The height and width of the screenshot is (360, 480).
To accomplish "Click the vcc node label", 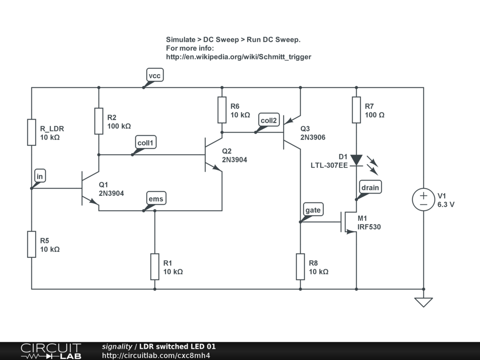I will (x=155, y=75).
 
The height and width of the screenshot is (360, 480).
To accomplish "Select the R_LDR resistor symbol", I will (x=31, y=132).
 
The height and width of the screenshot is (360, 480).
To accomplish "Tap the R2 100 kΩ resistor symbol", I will (x=99, y=121).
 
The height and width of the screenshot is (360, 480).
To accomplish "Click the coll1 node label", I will (x=145, y=142).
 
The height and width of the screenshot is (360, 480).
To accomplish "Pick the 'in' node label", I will (x=40, y=176).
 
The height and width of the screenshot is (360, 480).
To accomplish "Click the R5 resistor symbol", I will (x=31, y=244).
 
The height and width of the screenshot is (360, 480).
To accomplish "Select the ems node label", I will (x=156, y=199).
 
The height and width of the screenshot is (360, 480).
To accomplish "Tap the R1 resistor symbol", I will (x=155, y=266).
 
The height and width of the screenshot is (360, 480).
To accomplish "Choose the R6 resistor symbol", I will (x=222, y=110).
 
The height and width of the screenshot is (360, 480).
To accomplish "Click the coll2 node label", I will (x=269, y=120).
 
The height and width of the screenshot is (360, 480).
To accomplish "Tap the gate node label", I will (x=313, y=210).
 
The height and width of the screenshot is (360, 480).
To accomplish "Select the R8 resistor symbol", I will (x=300, y=266).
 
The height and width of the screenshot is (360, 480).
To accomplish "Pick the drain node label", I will (x=370, y=187).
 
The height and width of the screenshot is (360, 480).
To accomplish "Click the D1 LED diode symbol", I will (x=356, y=160).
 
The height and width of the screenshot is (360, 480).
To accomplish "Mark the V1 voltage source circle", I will (x=424, y=199).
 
